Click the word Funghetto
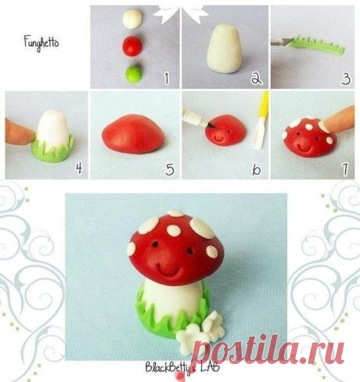(x=41, y=43)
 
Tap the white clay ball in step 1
(x=132, y=19)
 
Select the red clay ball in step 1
(x=132, y=46)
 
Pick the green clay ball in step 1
(x=134, y=74)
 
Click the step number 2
(x=257, y=77)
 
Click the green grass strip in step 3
(x=319, y=45)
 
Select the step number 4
(x=79, y=168)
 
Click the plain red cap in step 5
(x=133, y=134)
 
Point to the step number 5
(x=170, y=169)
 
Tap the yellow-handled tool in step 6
(x=262, y=120)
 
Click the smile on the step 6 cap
(x=218, y=137)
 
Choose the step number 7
(x=345, y=169)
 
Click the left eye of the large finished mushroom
(x=156, y=244)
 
